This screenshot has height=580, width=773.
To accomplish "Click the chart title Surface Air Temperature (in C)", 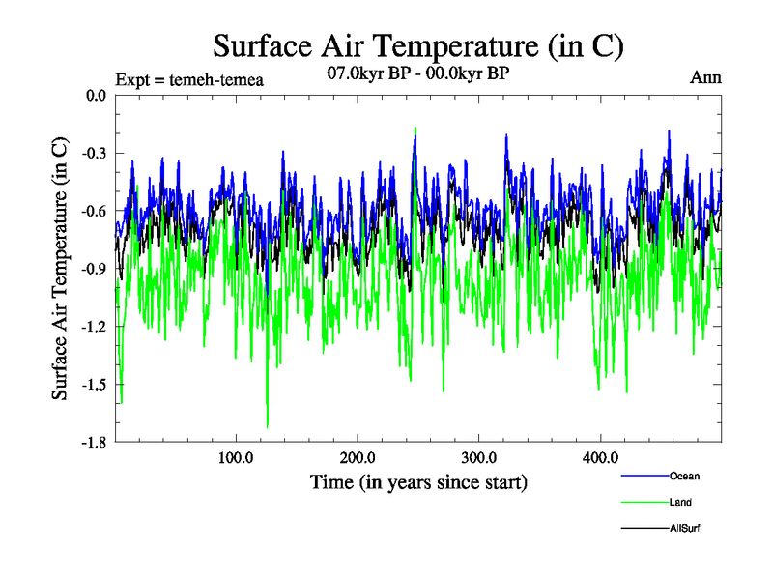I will click(x=418, y=45).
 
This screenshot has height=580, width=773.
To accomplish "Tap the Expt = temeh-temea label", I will click(x=189, y=79).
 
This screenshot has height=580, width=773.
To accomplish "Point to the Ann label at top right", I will click(x=705, y=77).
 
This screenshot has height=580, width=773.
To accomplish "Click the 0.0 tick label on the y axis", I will click(x=96, y=95).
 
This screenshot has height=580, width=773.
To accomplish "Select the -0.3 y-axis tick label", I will click(x=94, y=153).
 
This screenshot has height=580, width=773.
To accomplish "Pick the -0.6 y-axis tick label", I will click(x=94, y=211).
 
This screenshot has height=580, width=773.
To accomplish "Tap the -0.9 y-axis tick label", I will click(x=94, y=269).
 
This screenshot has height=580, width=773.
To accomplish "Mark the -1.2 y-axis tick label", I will click(x=94, y=327).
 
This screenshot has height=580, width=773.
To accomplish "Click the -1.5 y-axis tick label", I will click(x=94, y=385).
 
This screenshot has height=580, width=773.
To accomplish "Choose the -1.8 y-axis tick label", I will click(x=94, y=443).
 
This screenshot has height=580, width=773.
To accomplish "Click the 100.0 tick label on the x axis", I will click(x=236, y=457).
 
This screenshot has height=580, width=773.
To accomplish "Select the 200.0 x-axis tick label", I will click(x=358, y=457).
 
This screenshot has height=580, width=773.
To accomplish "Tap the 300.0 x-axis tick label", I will click(x=479, y=457).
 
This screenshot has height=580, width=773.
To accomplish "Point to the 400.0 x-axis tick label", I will click(x=601, y=457).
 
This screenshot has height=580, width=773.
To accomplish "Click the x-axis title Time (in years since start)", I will click(x=418, y=481).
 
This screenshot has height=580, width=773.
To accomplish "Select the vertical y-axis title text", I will click(x=60, y=269).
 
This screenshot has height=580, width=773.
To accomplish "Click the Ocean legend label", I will click(x=684, y=476).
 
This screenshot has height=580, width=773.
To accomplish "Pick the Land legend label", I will click(x=680, y=502).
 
